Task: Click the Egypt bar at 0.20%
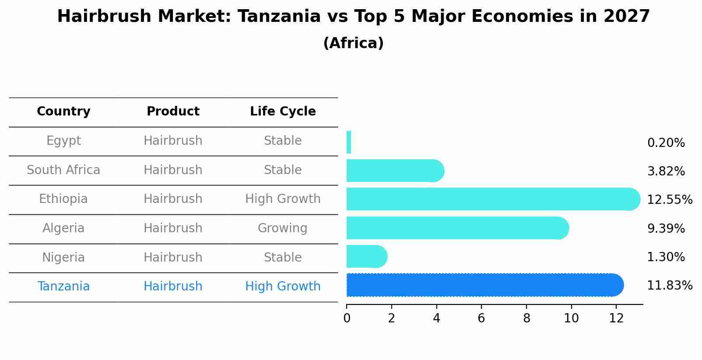(349, 142)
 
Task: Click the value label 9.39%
(666, 228)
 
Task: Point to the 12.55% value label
(669, 200)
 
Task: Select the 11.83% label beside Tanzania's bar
(669, 286)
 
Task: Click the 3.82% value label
(666, 171)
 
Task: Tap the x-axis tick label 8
(526, 318)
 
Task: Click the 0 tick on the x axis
(347, 318)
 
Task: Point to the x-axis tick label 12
(616, 318)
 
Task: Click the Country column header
(63, 112)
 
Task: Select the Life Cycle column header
(283, 112)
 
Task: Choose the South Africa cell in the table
(63, 170)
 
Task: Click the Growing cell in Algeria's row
(283, 228)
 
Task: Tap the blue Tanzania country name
(63, 287)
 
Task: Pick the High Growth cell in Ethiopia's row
(283, 199)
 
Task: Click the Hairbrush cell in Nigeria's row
(173, 257)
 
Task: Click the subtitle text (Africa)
(353, 43)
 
